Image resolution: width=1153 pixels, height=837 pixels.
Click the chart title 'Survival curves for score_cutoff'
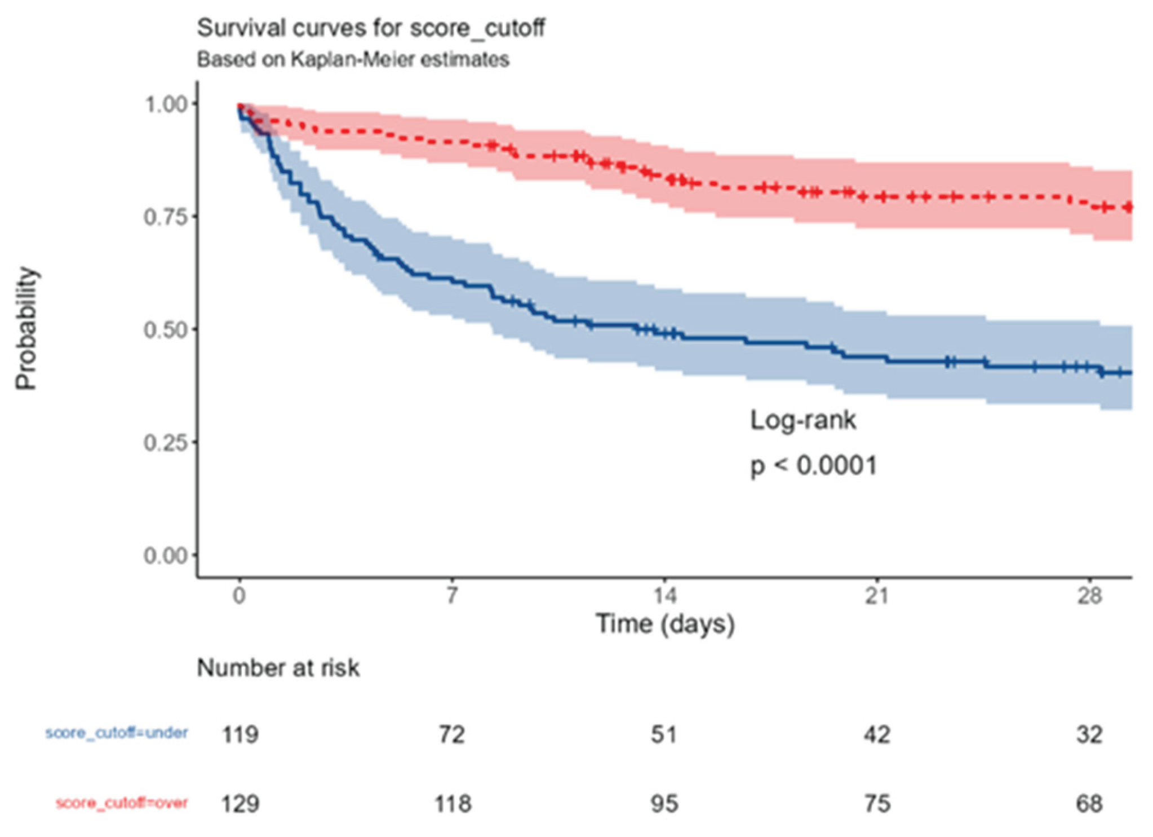coord(371,28)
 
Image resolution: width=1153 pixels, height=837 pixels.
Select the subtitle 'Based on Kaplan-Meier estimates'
coord(353,59)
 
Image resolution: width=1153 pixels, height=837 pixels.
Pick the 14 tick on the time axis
coord(664,596)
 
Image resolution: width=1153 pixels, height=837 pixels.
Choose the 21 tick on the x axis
coord(877,596)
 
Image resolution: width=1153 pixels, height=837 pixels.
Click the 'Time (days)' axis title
coord(665,624)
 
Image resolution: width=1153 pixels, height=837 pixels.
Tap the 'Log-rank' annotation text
coord(803,420)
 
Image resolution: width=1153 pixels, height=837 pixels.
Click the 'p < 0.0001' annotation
coord(813,466)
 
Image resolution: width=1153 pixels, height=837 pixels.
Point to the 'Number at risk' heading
coord(278,668)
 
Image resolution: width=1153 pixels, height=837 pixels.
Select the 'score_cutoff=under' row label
coord(117,733)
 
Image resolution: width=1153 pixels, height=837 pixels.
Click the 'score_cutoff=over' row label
coord(122,803)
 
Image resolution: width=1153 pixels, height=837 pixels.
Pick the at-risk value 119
coord(240,735)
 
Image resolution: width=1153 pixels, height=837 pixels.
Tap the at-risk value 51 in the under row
coord(664,735)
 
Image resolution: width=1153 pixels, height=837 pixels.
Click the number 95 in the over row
coord(664,804)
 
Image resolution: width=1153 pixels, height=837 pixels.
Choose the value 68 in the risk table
coord(1089,804)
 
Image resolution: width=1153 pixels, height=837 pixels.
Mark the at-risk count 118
coord(453,804)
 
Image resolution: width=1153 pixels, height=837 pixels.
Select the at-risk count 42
coord(877,735)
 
